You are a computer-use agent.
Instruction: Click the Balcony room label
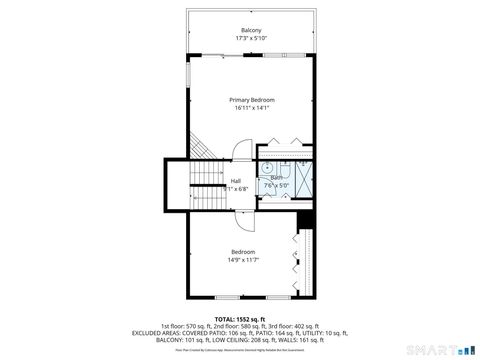pyautogui.click(x=251, y=30)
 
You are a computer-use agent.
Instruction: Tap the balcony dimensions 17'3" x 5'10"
pyautogui.click(x=251, y=38)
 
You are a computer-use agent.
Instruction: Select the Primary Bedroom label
pyautogui.click(x=251, y=100)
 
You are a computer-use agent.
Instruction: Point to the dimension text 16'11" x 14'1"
pyautogui.click(x=251, y=108)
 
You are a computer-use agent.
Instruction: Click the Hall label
pyautogui.click(x=236, y=180)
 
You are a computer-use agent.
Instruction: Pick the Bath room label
pyautogui.click(x=275, y=177)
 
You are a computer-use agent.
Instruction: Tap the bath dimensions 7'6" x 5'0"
pyautogui.click(x=275, y=185)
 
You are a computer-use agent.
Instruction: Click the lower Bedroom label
pyautogui.click(x=243, y=251)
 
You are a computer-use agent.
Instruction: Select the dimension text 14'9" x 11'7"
pyautogui.click(x=243, y=260)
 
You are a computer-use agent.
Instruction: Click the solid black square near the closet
pyautogui.click(x=307, y=220)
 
